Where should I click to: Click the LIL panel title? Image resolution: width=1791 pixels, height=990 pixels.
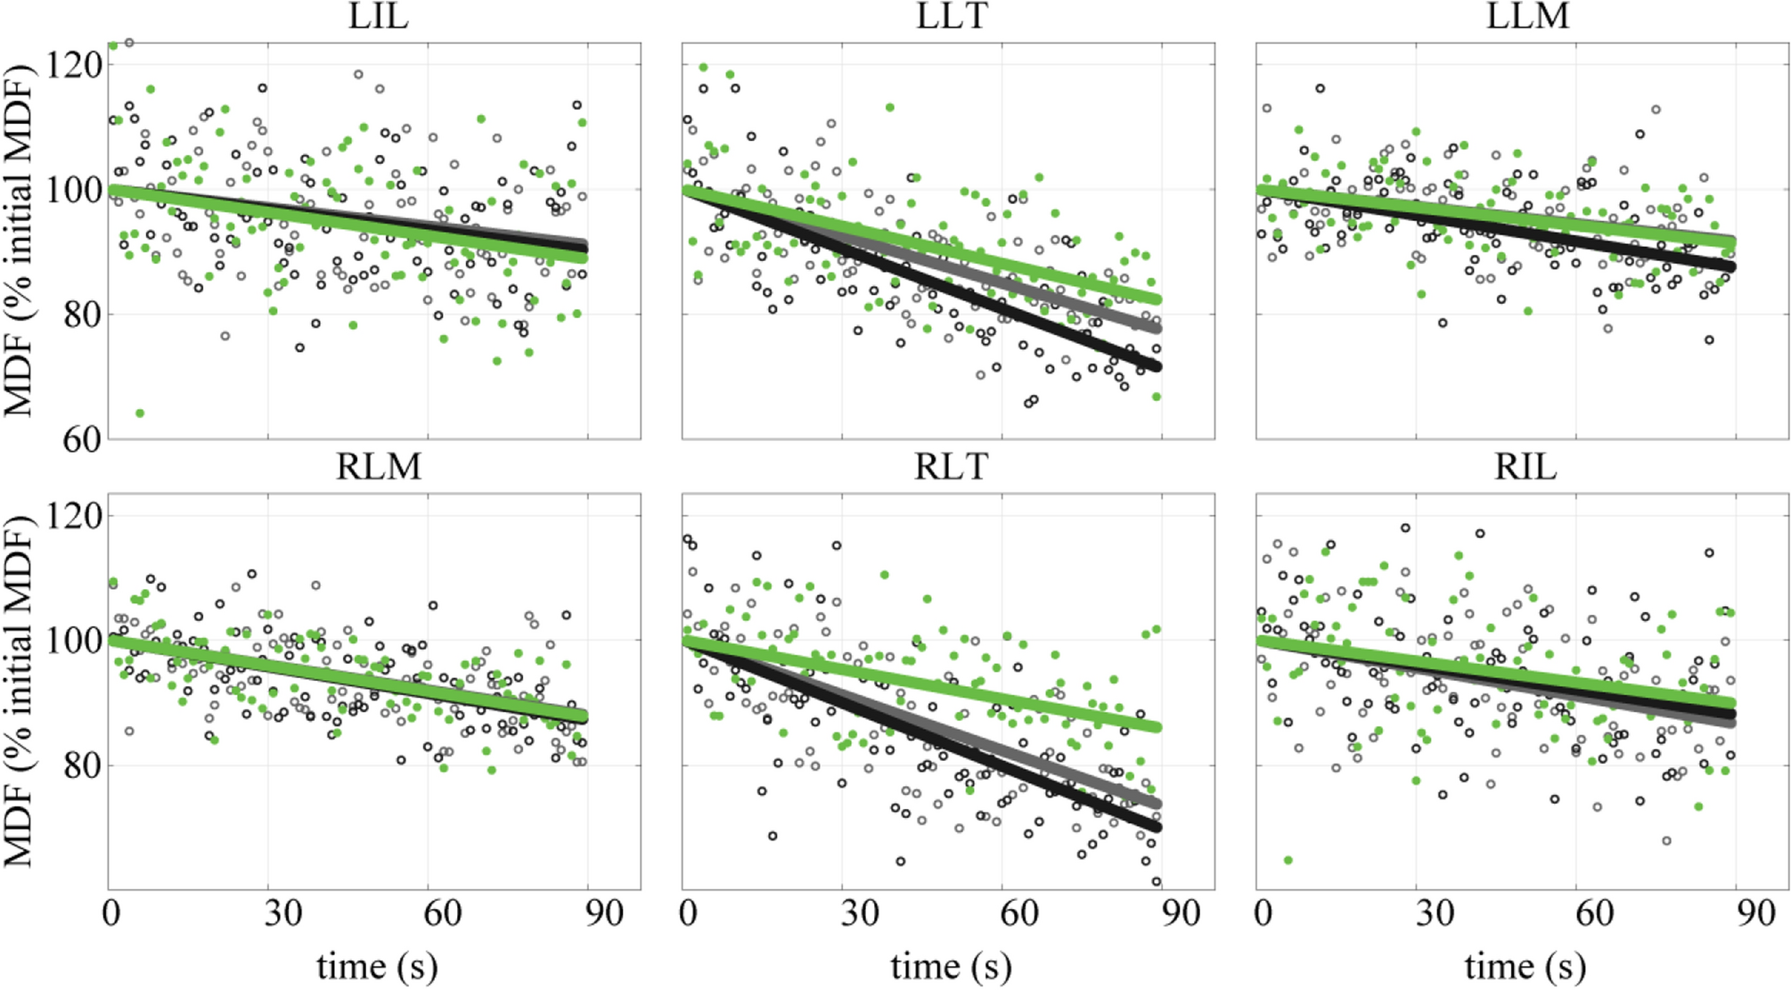(x=378, y=16)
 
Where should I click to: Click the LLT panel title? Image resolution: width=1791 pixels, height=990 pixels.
(x=951, y=16)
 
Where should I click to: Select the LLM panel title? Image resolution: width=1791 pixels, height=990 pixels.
(x=1526, y=16)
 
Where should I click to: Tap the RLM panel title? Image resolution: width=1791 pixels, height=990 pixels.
(x=378, y=467)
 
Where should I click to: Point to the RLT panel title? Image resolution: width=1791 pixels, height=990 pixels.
(x=951, y=467)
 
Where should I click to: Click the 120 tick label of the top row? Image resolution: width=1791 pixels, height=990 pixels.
(x=73, y=64)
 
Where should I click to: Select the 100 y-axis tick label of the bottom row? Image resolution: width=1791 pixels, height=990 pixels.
(x=73, y=640)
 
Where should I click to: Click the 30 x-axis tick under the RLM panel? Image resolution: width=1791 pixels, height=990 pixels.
(x=282, y=913)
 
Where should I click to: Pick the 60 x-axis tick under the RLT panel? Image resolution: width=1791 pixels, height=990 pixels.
(x=1018, y=913)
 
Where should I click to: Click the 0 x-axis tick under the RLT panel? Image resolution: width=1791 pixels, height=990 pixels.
(x=688, y=913)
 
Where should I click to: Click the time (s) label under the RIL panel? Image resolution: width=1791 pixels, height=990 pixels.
(x=1525, y=966)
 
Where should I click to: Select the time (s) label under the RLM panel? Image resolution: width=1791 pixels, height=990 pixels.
(x=377, y=966)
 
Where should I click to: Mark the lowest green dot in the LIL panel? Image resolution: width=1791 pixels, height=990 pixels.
(x=140, y=413)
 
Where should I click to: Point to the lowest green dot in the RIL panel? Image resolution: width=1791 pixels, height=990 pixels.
(x=1288, y=860)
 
